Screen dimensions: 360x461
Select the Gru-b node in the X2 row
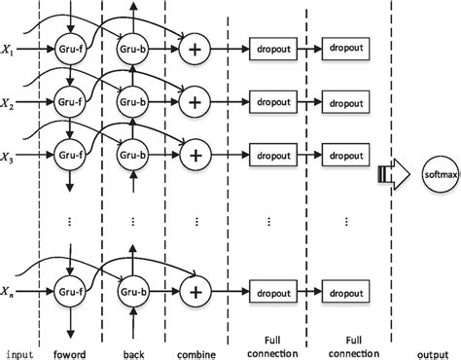pos(132,100)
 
